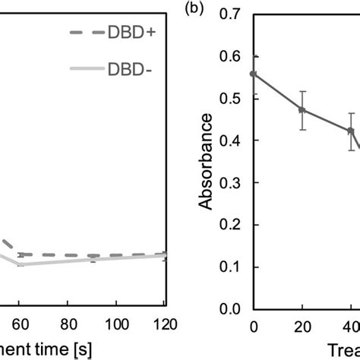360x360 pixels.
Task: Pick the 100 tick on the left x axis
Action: [x=115, y=324]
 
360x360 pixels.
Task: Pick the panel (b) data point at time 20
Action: [x=302, y=110]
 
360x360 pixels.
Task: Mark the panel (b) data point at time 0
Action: [x=254, y=74]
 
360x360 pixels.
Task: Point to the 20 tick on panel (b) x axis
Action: [x=302, y=325]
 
